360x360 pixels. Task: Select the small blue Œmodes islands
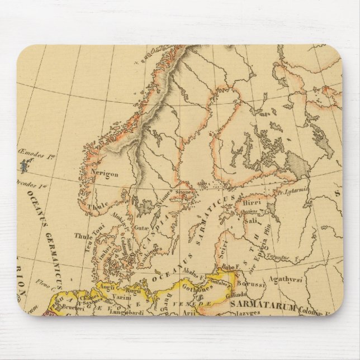pos(23,165)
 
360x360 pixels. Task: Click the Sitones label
pos(188,192)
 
